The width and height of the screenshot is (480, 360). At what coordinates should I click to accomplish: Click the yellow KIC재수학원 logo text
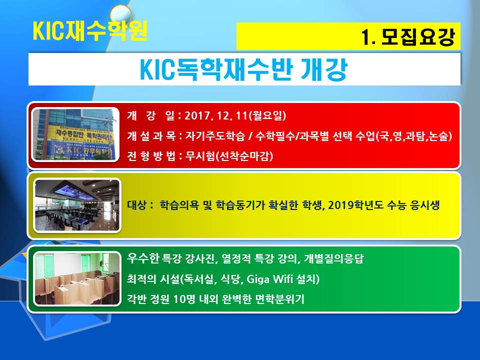90,30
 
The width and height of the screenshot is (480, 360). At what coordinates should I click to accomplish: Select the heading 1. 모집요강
408,37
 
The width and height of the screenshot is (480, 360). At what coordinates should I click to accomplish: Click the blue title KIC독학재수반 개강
243,69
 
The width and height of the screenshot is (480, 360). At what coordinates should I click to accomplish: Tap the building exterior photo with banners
75,134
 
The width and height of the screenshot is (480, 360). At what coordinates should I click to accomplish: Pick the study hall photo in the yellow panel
77,205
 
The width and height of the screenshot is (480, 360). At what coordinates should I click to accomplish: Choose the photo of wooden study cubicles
77,278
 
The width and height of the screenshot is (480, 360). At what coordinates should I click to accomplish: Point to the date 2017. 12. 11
216,115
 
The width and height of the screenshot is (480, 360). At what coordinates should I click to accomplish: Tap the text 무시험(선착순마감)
229,156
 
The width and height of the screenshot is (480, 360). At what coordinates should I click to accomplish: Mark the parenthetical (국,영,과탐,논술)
413,136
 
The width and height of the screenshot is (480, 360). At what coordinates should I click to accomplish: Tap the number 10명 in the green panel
184,299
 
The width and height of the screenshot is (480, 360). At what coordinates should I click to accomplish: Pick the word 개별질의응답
333,258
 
